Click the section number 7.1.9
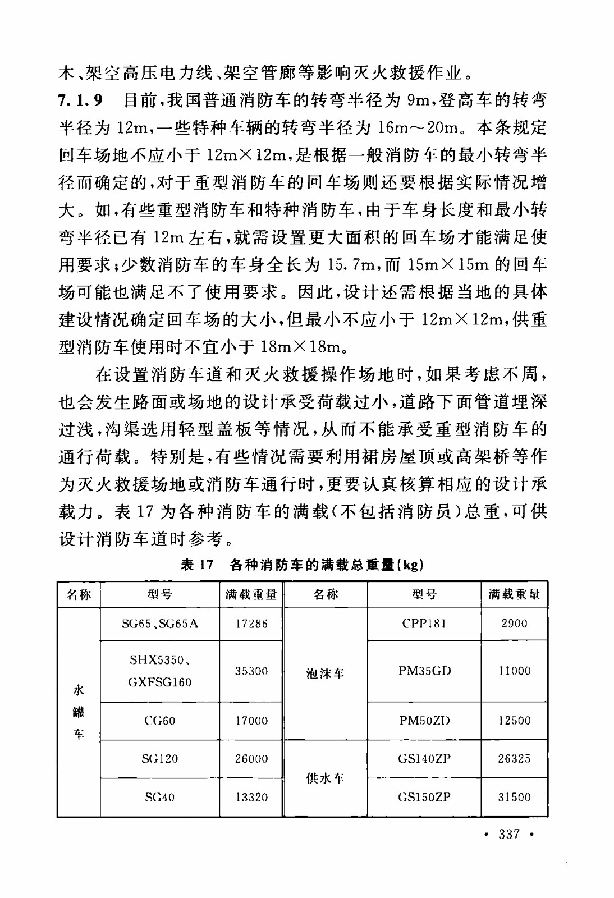pos(81,100)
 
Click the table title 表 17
pos(198,565)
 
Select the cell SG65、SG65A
pos(160,624)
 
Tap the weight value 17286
pos(251,624)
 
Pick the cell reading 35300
pos(251,671)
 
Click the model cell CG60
pos(160,721)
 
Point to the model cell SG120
pos(160,759)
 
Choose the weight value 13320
pos(251,797)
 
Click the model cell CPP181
pos(424,624)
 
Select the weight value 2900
pos(514,624)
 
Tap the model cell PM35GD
pos(424,671)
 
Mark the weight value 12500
pos(514,721)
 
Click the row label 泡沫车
pos(325,674)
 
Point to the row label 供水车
pos(325,778)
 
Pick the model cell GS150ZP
pos(424,797)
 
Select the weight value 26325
pos(514,759)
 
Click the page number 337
pos(509,834)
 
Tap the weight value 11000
pos(514,671)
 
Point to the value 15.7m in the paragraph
pos(351,264)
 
